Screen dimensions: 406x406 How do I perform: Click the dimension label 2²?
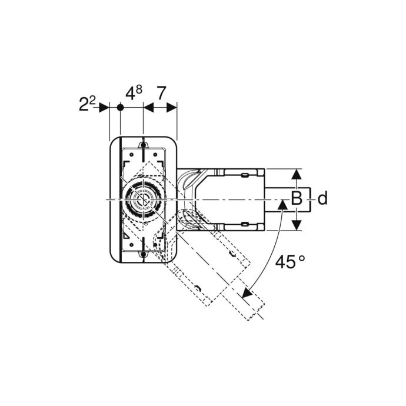tap(87, 104)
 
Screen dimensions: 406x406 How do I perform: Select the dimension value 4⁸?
tap(134, 93)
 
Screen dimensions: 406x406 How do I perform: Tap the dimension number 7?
tap(161, 93)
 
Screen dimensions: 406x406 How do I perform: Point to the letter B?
tap(297, 198)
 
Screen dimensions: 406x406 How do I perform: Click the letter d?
tap(322, 198)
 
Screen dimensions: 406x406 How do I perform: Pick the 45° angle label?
tap(289, 261)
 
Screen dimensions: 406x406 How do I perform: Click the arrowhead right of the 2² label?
tap(104, 108)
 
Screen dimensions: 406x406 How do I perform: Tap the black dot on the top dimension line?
tap(120, 108)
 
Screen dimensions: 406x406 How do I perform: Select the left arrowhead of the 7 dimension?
tap(148, 108)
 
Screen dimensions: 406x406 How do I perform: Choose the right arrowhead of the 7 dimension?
tap(171, 108)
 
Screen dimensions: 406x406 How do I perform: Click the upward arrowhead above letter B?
tap(297, 174)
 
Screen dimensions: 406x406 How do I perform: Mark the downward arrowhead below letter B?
tap(297, 225)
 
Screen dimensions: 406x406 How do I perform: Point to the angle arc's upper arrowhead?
tap(282, 205)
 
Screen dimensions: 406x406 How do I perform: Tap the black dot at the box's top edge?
tap(143, 145)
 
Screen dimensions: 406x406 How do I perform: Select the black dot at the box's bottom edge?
tap(143, 255)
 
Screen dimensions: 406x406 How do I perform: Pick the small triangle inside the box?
tap(127, 235)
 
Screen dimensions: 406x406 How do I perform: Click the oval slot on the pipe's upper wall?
tap(245, 175)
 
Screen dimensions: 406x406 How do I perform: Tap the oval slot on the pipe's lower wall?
tap(245, 224)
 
